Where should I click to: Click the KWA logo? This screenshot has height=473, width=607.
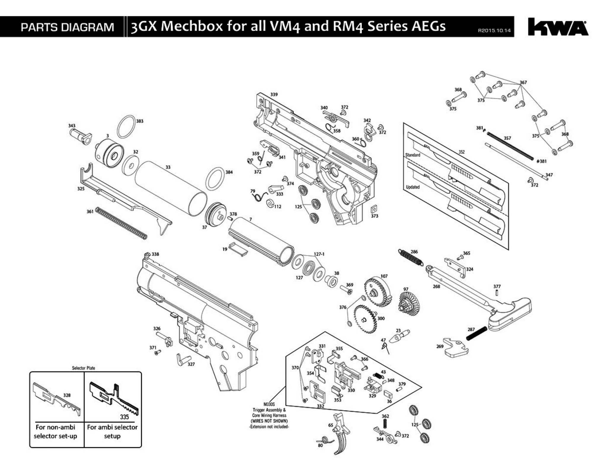(558, 27)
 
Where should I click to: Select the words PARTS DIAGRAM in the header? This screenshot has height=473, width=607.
(67, 27)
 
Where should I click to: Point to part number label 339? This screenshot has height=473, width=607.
(274, 94)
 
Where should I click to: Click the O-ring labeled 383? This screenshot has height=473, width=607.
(126, 126)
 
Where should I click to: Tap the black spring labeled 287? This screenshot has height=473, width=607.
(476, 333)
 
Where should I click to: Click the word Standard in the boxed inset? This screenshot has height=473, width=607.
(413, 155)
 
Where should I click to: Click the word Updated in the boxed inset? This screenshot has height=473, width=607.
(413, 187)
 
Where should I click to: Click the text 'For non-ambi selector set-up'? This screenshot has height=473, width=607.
(55, 431)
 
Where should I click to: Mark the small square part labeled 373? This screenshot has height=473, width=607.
(374, 209)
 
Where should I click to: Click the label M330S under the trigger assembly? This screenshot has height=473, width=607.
(269, 404)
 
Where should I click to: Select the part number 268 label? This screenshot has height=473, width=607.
(436, 286)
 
